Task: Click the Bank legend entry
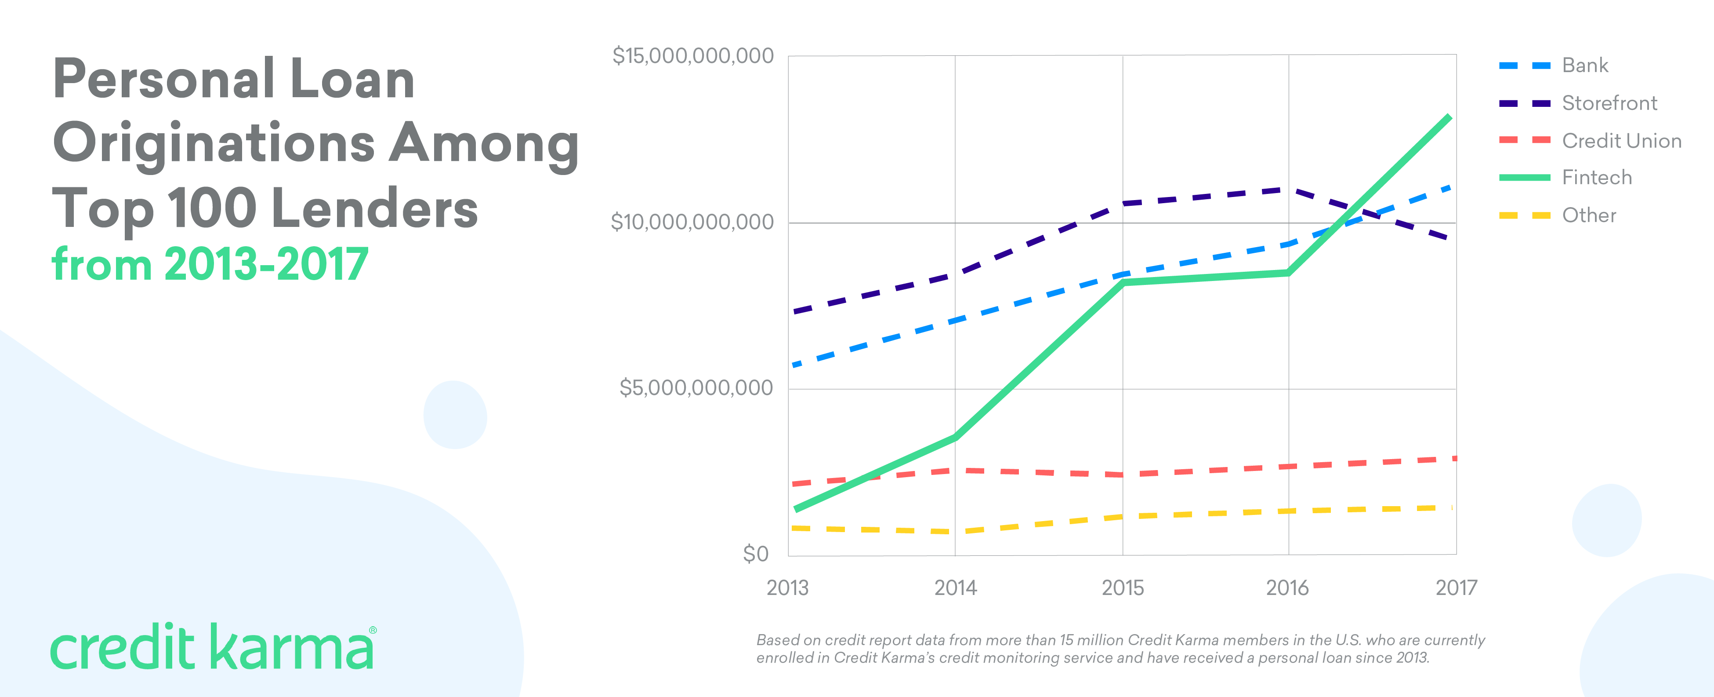[x=1584, y=65]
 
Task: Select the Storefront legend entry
[x=1609, y=103]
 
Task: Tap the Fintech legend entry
[x=1596, y=178]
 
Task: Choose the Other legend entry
[x=1588, y=215]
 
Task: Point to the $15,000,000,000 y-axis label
[x=692, y=56]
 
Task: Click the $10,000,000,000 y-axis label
[x=692, y=222]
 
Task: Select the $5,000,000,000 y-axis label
[x=696, y=387]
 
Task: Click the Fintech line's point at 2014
[x=956, y=438]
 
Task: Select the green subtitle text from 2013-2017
[x=210, y=264]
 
